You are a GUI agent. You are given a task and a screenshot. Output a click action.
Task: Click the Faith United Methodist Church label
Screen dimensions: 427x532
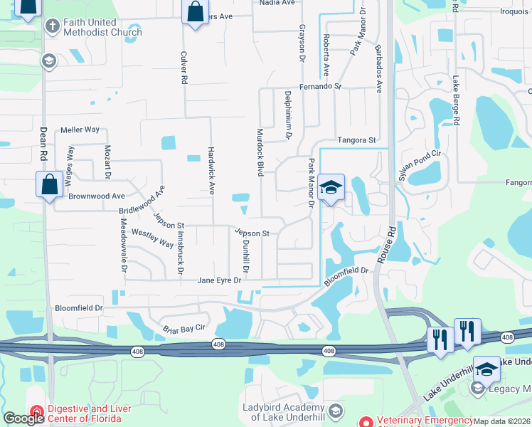pos(102,27)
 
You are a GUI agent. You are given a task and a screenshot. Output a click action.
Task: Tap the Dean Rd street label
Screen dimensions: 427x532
pos(43,142)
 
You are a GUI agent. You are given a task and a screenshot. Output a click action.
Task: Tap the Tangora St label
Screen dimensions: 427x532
pos(356,140)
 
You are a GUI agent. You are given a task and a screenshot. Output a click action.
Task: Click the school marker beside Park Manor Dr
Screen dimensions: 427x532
pos(331,188)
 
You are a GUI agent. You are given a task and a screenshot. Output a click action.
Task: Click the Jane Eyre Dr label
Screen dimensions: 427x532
pos(220,280)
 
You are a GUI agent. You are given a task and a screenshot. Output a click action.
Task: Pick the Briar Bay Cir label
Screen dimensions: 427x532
pos(184,327)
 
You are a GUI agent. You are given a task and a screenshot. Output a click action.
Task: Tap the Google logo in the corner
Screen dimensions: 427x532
pos(23,418)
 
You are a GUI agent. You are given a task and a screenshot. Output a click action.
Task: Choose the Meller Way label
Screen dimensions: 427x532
pos(80,130)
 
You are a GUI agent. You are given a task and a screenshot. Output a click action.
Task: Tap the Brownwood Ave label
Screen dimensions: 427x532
pos(97,196)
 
